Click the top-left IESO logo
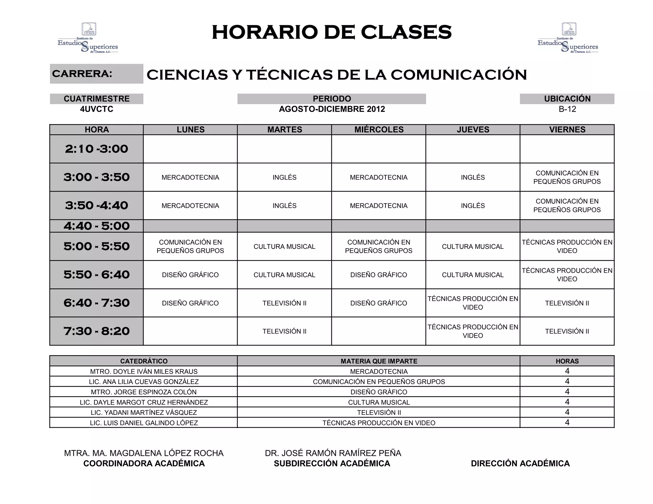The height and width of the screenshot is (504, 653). [88, 38]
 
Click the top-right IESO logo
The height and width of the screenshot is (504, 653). [568, 38]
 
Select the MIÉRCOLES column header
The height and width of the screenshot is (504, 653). [379, 130]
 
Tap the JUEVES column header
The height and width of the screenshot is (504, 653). [473, 130]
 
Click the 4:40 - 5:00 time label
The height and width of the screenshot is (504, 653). [97, 226]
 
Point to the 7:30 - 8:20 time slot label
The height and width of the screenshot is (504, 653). [97, 331]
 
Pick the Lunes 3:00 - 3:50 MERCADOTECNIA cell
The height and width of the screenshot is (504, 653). [190, 177]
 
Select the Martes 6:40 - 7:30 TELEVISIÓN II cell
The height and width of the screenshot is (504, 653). [284, 303]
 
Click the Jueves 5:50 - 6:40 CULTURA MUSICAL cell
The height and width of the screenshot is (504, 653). [473, 275]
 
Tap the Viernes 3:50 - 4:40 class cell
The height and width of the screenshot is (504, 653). [567, 205]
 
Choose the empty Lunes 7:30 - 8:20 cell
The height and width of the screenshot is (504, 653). [190, 331]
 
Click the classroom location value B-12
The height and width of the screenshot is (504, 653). [567, 109]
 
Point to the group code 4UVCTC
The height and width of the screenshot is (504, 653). [97, 109]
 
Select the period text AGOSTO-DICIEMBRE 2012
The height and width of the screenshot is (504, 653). [332, 109]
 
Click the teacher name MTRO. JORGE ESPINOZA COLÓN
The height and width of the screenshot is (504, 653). [144, 392]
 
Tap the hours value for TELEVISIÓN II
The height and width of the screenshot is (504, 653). [567, 412]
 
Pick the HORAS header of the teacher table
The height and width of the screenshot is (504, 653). [567, 361]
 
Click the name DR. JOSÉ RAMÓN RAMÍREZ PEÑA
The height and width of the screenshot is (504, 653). [333, 453]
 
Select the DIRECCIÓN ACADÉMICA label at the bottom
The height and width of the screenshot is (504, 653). [520, 463]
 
